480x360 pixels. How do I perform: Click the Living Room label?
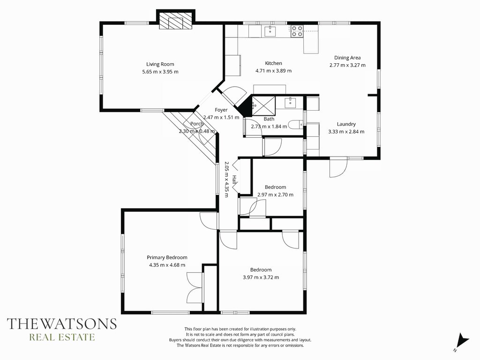pyautogui.click(x=160, y=64)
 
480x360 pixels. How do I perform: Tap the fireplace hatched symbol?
pyautogui.click(x=176, y=21)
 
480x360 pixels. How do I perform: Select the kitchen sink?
pyautogui.click(x=270, y=31)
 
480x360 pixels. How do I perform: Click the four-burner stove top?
pyautogui.click(x=297, y=31)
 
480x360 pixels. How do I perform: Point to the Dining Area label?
pyautogui.click(x=347, y=58)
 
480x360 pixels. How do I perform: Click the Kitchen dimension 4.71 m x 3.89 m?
pyautogui.click(x=273, y=71)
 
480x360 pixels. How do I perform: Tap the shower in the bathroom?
pyautogui.click(x=263, y=106)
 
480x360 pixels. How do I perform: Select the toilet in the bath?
pyautogui.click(x=296, y=125)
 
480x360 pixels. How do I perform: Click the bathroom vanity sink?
pyautogui.click(x=290, y=103)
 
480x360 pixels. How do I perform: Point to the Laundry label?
pyautogui.click(x=346, y=124)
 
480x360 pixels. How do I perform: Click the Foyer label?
pyautogui.click(x=221, y=110)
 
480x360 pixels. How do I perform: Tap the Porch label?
pyautogui.click(x=197, y=124)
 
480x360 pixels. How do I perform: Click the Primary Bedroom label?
pyautogui.click(x=167, y=257)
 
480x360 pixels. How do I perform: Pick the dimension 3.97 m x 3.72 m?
pyautogui.click(x=261, y=277)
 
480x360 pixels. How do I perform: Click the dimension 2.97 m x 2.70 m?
pyautogui.click(x=275, y=195)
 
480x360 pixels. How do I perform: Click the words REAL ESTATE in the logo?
pyautogui.click(x=62, y=337)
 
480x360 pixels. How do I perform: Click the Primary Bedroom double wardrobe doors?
pyautogui.click(x=195, y=288)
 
